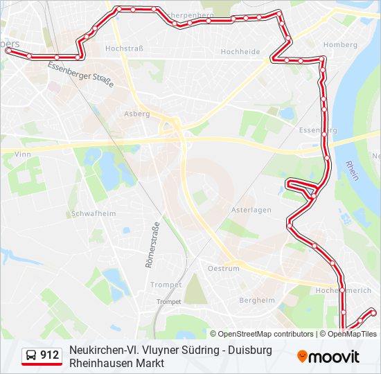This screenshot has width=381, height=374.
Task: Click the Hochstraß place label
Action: click(x=123, y=48)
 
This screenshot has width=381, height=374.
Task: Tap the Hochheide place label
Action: click(x=240, y=52)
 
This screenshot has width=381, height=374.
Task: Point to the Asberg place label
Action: click(x=136, y=114)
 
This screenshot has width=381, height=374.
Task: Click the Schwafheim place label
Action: click(x=93, y=214)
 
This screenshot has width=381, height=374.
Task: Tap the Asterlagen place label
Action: click(x=251, y=211)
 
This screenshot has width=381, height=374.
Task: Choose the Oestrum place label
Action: click(x=224, y=268)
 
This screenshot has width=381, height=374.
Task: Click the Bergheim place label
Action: click(x=256, y=300)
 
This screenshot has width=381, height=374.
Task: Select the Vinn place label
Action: click(x=22, y=154)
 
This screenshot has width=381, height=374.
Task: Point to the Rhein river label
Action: click(x=352, y=171)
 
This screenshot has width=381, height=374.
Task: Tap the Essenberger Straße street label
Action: click(x=80, y=74)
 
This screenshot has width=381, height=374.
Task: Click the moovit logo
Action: click(x=329, y=357)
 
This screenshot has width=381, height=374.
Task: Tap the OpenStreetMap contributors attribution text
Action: click(x=262, y=334)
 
